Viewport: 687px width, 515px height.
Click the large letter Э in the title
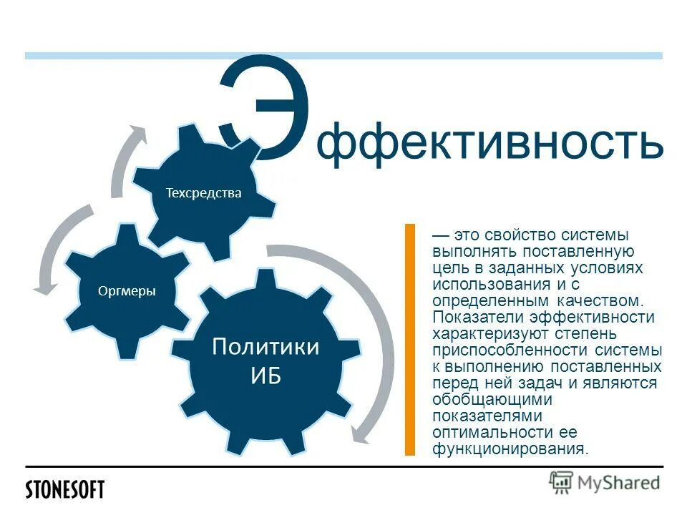266,107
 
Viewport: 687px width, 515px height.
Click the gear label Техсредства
204,193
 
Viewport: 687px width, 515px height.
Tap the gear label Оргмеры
127,290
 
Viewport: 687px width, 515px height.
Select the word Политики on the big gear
265,348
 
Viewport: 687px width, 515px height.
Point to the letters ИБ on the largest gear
265,376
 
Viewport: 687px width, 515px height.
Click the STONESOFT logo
65,490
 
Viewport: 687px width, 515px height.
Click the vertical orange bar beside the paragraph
410,340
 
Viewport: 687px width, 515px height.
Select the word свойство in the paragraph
517,236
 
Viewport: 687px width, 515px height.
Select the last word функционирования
509,448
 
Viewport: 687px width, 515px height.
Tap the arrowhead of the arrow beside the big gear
361,435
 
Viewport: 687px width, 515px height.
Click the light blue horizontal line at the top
343,55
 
